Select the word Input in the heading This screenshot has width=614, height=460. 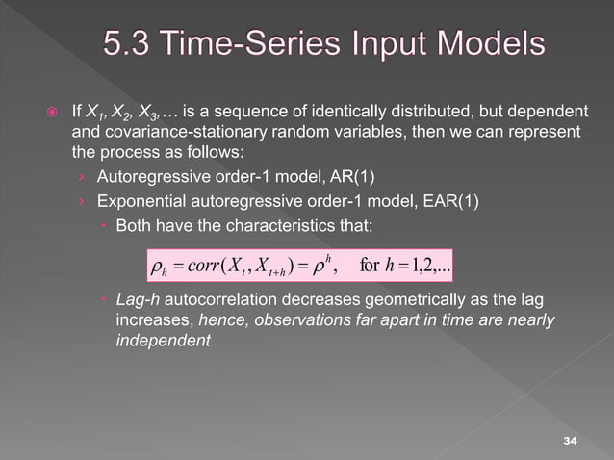(x=372, y=44)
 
